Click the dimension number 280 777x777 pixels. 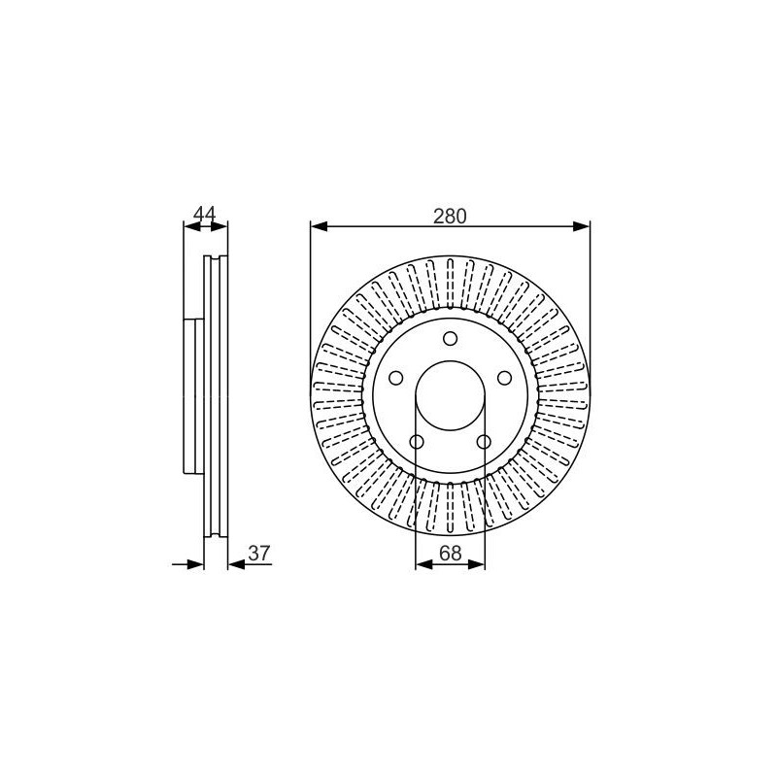[450, 216]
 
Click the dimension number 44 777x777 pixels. [205, 214]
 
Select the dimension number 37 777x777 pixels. [259, 553]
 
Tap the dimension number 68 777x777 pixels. [450, 553]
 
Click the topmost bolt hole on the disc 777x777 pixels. [450, 339]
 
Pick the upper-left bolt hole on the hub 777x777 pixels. [395, 378]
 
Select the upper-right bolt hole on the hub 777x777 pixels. [504, 378]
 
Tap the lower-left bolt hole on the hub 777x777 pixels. [417, 442]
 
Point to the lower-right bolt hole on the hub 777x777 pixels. [484, 442]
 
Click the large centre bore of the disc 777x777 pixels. [450, 396]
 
